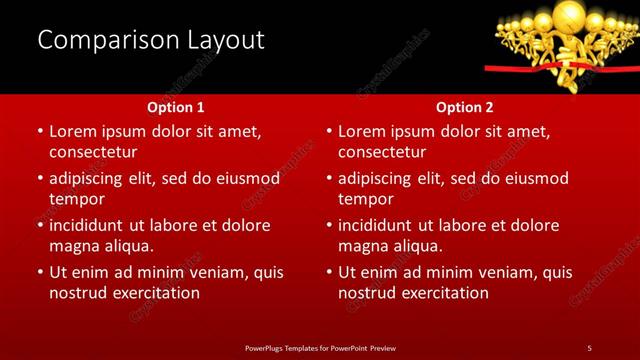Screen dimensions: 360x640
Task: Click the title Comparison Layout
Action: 150,40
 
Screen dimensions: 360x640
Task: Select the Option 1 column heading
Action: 175,106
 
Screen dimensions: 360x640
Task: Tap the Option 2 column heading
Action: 465,106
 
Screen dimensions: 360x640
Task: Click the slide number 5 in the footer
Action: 589,347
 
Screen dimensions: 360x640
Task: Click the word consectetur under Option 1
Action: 93,152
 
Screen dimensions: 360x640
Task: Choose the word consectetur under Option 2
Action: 382,152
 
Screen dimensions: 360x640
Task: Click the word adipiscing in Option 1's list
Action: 90,178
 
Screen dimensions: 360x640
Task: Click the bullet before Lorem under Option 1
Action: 40,131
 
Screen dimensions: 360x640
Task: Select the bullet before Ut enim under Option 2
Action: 329,272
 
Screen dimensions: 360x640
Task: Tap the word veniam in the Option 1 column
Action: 226,272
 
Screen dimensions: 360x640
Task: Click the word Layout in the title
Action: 225,40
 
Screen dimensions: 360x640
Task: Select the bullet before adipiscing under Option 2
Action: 329,178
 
